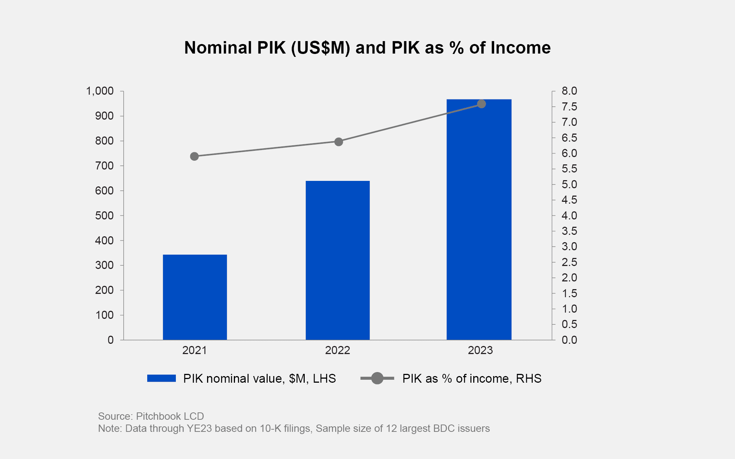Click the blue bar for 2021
click(195, 297)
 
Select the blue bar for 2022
click(337, 261)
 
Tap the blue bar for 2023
click(479, 220)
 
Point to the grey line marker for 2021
click(195, 157)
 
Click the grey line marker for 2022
click(338, 142)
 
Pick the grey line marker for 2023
click(481, 104)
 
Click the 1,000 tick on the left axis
click(99, 91)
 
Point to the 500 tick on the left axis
click(104, 216)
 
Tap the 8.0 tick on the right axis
click(569, 91)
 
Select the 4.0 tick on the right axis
click(569, 216)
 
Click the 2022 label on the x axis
click(337, 350)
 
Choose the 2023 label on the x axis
click(480, 350)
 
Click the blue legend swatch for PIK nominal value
click(162, 378)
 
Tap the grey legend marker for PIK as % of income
click(377, 378)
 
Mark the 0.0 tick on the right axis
click(569, 340)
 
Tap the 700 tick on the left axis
click(104, 166)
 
